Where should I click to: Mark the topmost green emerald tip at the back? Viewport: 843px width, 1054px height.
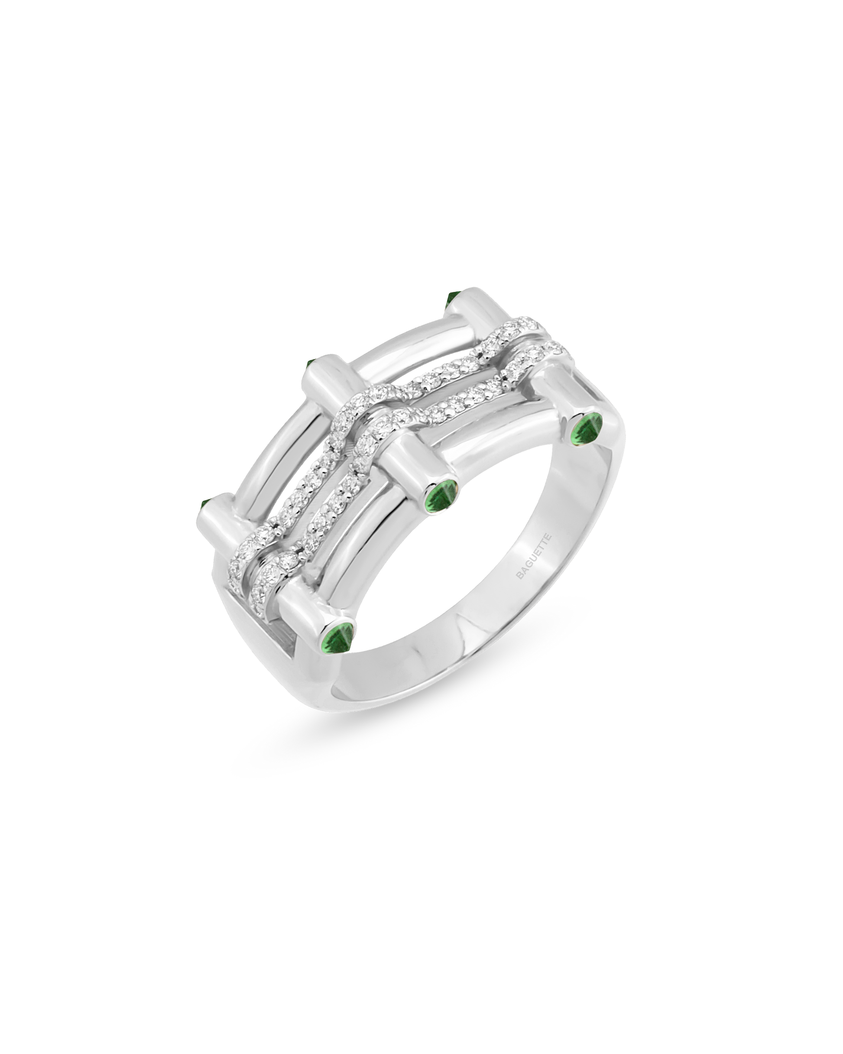click(x=452, y=312)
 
